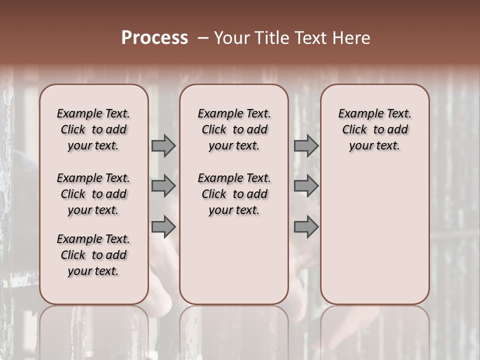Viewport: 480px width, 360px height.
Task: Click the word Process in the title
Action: [x=154, y=38]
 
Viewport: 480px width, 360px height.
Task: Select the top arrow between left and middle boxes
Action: [x=163, y=146]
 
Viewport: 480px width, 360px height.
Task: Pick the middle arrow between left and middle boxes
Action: [x=163, y=186]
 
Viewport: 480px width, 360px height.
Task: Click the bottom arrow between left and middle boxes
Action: [x=163, y=227]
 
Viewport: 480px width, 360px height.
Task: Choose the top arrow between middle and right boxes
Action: [x=306, y=146]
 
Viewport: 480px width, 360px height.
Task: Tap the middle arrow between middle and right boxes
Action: [x=306, y=186]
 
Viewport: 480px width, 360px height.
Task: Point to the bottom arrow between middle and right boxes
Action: [x=306, y=227]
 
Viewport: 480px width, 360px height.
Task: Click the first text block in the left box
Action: [x=93, y=129]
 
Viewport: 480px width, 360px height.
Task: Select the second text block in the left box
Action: [x=93, y=194]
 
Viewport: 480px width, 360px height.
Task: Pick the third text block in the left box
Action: [x=93, y=255]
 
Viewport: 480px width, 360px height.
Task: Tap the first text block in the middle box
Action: [x=234, y=129]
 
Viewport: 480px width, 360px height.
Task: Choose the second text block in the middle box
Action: [x=234, y=194]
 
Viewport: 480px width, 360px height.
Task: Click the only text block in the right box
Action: [x=374, y=129]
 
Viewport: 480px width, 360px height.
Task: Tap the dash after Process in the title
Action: [x=202, y=38]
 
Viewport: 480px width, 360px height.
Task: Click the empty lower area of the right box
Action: [x=374, y=235]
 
